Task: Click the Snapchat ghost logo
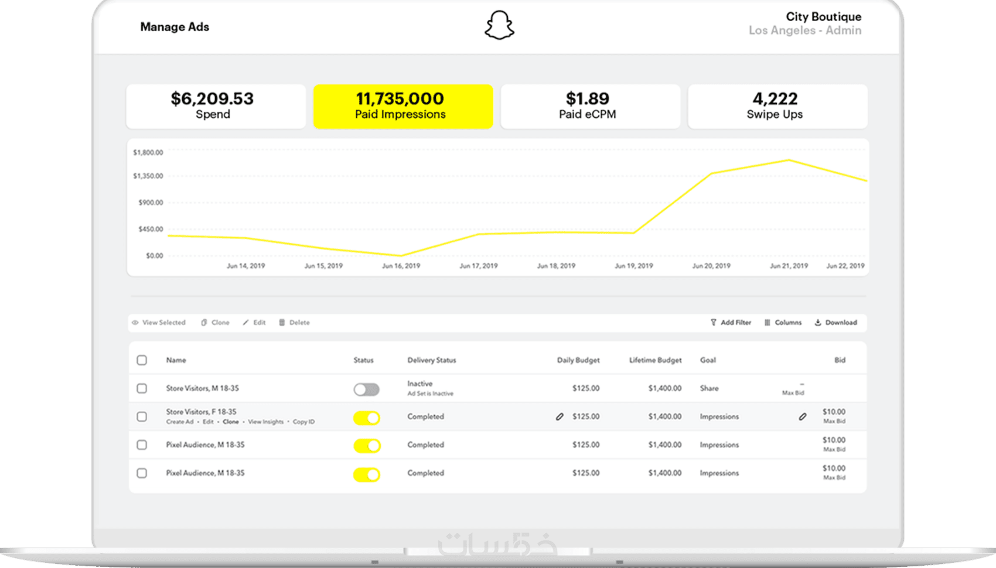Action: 499,26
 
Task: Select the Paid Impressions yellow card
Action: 403,106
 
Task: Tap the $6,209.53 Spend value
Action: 212,98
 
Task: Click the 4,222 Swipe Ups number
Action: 775,98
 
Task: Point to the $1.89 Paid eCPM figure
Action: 587,98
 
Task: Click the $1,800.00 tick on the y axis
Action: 148,153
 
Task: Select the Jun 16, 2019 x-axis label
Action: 401,266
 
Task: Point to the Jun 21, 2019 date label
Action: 789,266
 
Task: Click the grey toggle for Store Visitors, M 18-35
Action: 366,389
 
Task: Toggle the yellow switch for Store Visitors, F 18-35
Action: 367,418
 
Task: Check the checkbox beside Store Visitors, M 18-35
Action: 142,388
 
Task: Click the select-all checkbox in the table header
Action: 142,360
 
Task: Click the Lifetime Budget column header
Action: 655,360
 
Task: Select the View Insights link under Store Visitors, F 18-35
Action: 265,422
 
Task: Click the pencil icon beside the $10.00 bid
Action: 802,417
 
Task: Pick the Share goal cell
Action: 709,388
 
